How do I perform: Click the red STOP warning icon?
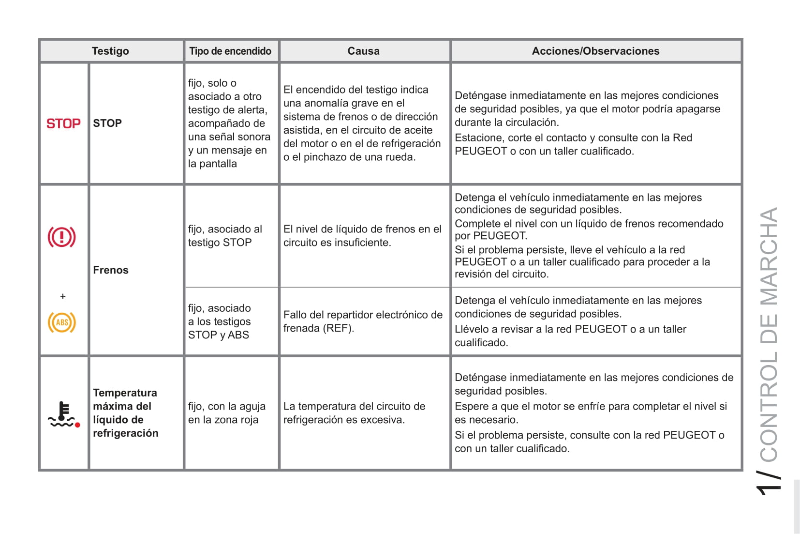point(63,123)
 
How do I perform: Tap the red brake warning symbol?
point(61,237)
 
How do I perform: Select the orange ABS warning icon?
point(62,322)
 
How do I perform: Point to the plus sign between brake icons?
point(62,296)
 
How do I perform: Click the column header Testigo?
point(110,51)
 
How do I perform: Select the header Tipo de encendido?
point(230,51)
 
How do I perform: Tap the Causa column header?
point(364,51)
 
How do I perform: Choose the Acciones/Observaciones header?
point(595,51)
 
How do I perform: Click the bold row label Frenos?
point(111,270)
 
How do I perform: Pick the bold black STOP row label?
point(107,123)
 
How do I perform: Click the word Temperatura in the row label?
point(125,393)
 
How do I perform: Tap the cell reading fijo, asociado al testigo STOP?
point(225,236)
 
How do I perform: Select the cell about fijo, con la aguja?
point(227,413)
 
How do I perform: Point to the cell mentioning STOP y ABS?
point(219,321)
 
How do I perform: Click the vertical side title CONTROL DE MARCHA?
point(769,334)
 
